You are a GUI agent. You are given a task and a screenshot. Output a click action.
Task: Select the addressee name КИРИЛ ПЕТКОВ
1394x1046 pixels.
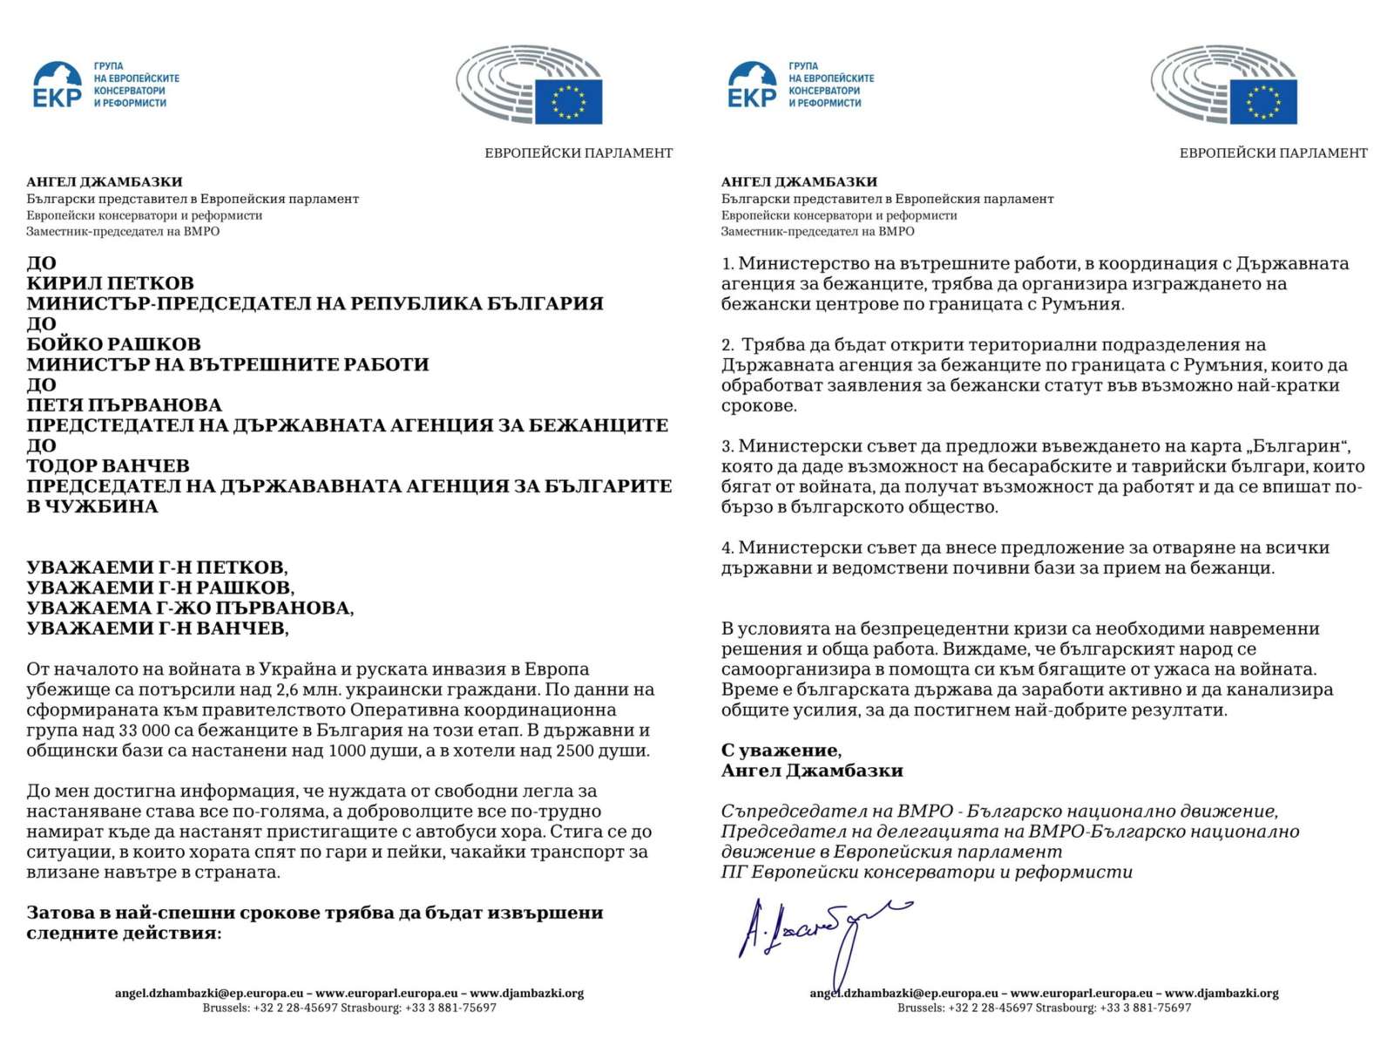pyautogui.click(x=110, y=283)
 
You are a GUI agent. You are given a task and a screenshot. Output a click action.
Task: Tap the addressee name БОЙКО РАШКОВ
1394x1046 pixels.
pyautogui.click(x=113, y=344)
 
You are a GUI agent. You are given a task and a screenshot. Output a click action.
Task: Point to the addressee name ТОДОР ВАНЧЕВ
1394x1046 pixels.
pyautogui.click(x=108, y=465)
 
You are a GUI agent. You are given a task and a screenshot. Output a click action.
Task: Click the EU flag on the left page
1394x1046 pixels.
pyautogui.click(x=568, y=101)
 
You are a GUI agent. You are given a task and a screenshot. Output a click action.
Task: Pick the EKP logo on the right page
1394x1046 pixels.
pyautogui.click(x=752, y=85)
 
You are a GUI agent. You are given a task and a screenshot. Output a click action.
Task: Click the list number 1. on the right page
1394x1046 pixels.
pyautogui.click(x=728, y=263)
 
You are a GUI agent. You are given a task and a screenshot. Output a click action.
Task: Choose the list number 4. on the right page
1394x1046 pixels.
pyautogui.click(x=728, y=547)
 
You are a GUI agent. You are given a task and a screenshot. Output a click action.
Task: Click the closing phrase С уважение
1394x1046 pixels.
pyautogui.click(x=781, y=751)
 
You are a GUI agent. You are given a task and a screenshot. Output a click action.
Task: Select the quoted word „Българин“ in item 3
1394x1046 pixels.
pyautogui.click(x=1299, y=446)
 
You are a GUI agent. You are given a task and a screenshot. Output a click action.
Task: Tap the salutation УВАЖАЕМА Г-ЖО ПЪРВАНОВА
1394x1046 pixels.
pyautogui.click(x=190, y=608)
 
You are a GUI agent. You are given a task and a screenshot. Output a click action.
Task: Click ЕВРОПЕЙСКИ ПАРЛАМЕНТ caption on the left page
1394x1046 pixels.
pyautogui.click(x=579, y=153)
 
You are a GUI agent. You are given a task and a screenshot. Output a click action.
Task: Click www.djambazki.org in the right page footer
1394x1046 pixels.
pyautogui.click(x=1221, y=993)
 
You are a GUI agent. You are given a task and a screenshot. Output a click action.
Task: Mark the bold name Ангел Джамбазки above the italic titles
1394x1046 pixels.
pyautogui.click(x=812, y=771)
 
